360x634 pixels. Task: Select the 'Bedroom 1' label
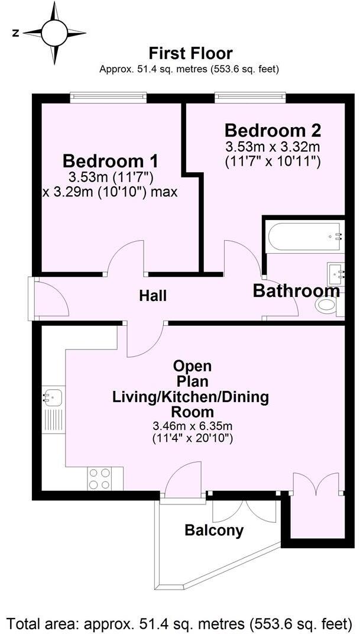[111, 161]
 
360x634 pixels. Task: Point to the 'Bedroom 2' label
[273, 130]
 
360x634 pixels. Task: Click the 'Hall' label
[153, 296]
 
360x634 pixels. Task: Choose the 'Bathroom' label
[296, 291]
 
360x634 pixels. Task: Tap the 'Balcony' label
[214, 531]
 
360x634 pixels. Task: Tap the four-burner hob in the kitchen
[99, 478]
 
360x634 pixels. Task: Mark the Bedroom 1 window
[108, 95]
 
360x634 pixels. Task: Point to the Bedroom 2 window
[250, 95]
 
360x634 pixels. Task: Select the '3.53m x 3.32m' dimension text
[273, 147]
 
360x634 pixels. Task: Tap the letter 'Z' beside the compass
[15, 34]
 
